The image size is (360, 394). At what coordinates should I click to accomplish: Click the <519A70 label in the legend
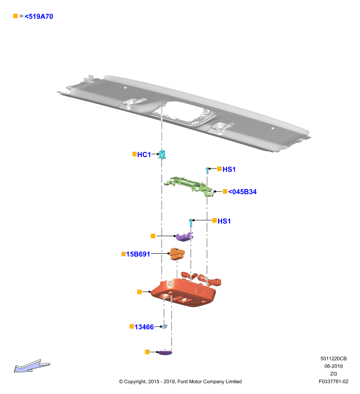click(39, 17)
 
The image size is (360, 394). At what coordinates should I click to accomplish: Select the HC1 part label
click(144, 155)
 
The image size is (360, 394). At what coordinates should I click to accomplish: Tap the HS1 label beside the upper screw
click(229, 169)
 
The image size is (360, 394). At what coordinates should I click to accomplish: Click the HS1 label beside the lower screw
click(224, 221)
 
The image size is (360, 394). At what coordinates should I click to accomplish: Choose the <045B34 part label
click(242, 192)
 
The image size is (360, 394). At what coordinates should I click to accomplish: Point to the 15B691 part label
click(138, 254)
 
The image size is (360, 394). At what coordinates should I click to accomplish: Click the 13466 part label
click(144, 327)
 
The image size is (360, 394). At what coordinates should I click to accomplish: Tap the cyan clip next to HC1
click(163, 154)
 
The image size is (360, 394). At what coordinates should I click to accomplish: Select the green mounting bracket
click(190, 186)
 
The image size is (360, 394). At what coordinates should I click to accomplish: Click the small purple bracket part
click(184, 236)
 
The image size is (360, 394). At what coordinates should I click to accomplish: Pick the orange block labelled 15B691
click(177, 254)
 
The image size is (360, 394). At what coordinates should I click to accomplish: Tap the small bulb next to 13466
click(164, 327)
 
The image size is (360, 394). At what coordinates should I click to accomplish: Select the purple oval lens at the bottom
click(165, 352)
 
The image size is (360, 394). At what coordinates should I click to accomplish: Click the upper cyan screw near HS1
click(207, 170)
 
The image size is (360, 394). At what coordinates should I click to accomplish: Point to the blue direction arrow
click(32, 366)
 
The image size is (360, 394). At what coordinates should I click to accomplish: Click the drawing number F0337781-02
click(333, 381)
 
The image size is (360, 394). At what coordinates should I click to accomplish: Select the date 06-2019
click(333, 366)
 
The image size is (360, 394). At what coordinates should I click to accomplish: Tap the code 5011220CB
click(333, 359)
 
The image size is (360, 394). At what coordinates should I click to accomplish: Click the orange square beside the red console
click(139, 292)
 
